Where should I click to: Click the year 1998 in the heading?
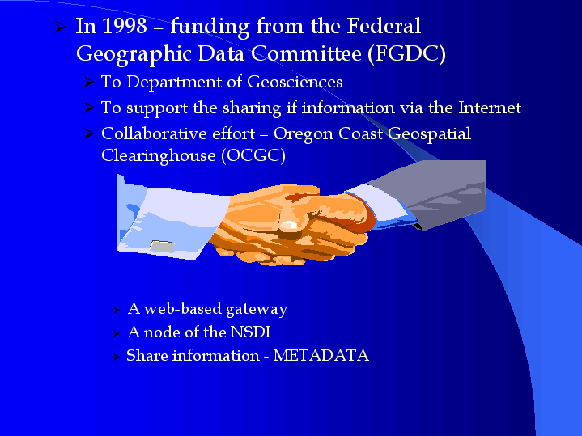coord(125,26)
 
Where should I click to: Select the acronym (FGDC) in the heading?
coord(406,53)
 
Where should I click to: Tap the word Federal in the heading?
coord(384,26)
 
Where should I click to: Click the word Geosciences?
coord(295,82)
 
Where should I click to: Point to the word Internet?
coord(490,108)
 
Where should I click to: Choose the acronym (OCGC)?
coord(253,155)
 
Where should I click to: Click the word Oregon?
coord(304,134)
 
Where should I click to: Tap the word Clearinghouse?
coord(159,156)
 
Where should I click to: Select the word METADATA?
coord(321,355)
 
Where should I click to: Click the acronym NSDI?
coord(251,332)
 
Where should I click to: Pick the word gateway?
coord(257,310)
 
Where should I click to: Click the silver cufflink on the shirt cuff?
coord(162,246)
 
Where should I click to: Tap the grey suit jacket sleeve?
coord(438,193)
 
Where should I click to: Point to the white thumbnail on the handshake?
coord(288,225)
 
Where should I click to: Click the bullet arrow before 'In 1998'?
coord(61,27)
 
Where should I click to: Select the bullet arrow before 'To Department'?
coord(89,82)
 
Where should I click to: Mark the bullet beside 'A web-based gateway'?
coord(117,310)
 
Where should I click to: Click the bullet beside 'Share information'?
coord(117,357)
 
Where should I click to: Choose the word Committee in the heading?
coord(306,53)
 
